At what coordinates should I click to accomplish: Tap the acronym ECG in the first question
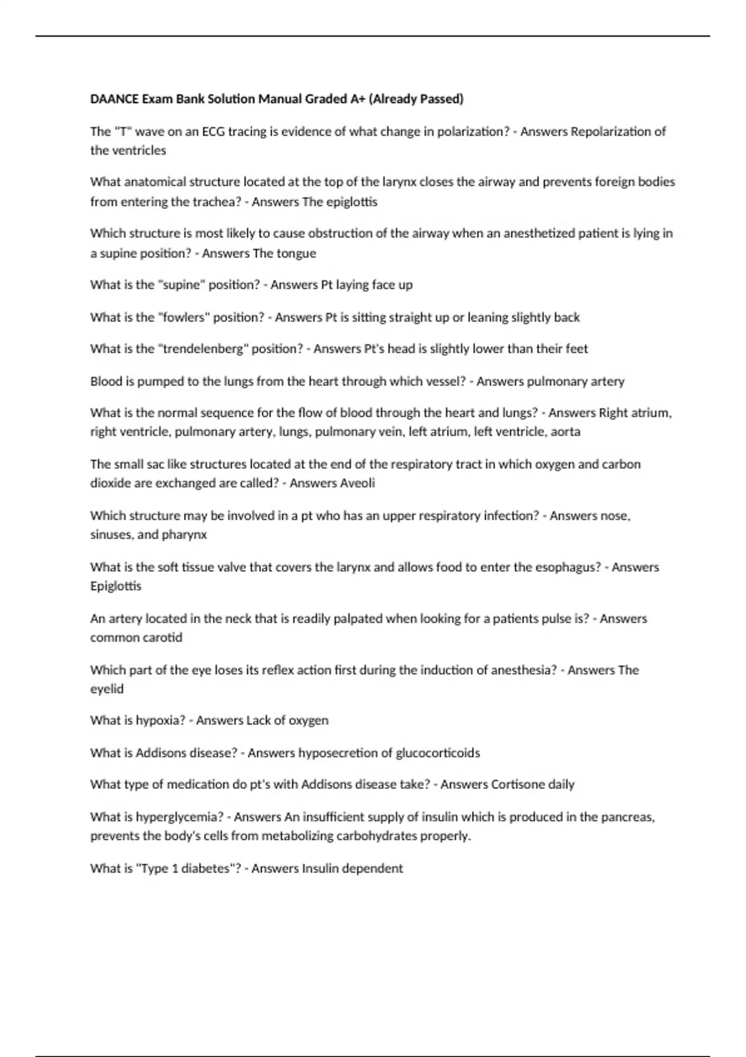pos(214,131)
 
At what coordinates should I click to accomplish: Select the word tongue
pos(297,253)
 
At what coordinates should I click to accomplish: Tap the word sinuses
pos(111,535)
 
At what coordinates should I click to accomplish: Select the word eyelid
pos(107,689)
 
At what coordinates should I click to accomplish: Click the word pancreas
pos(627,817)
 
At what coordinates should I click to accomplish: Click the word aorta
pos(565,432)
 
